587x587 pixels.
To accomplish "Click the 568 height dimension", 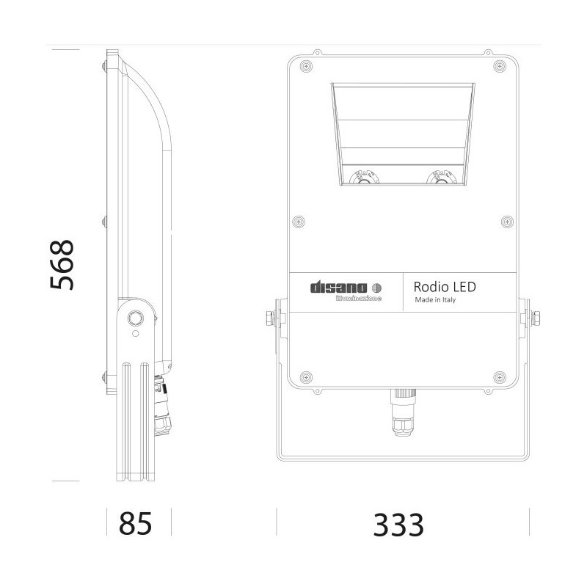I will tap(62, 265).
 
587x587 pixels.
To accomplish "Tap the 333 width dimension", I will tap(399, 525).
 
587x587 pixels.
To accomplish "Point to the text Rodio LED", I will tap(445, 286).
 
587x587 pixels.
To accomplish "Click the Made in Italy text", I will tap(436, 300).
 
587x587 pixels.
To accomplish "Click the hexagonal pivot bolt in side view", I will tap(134, 318).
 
